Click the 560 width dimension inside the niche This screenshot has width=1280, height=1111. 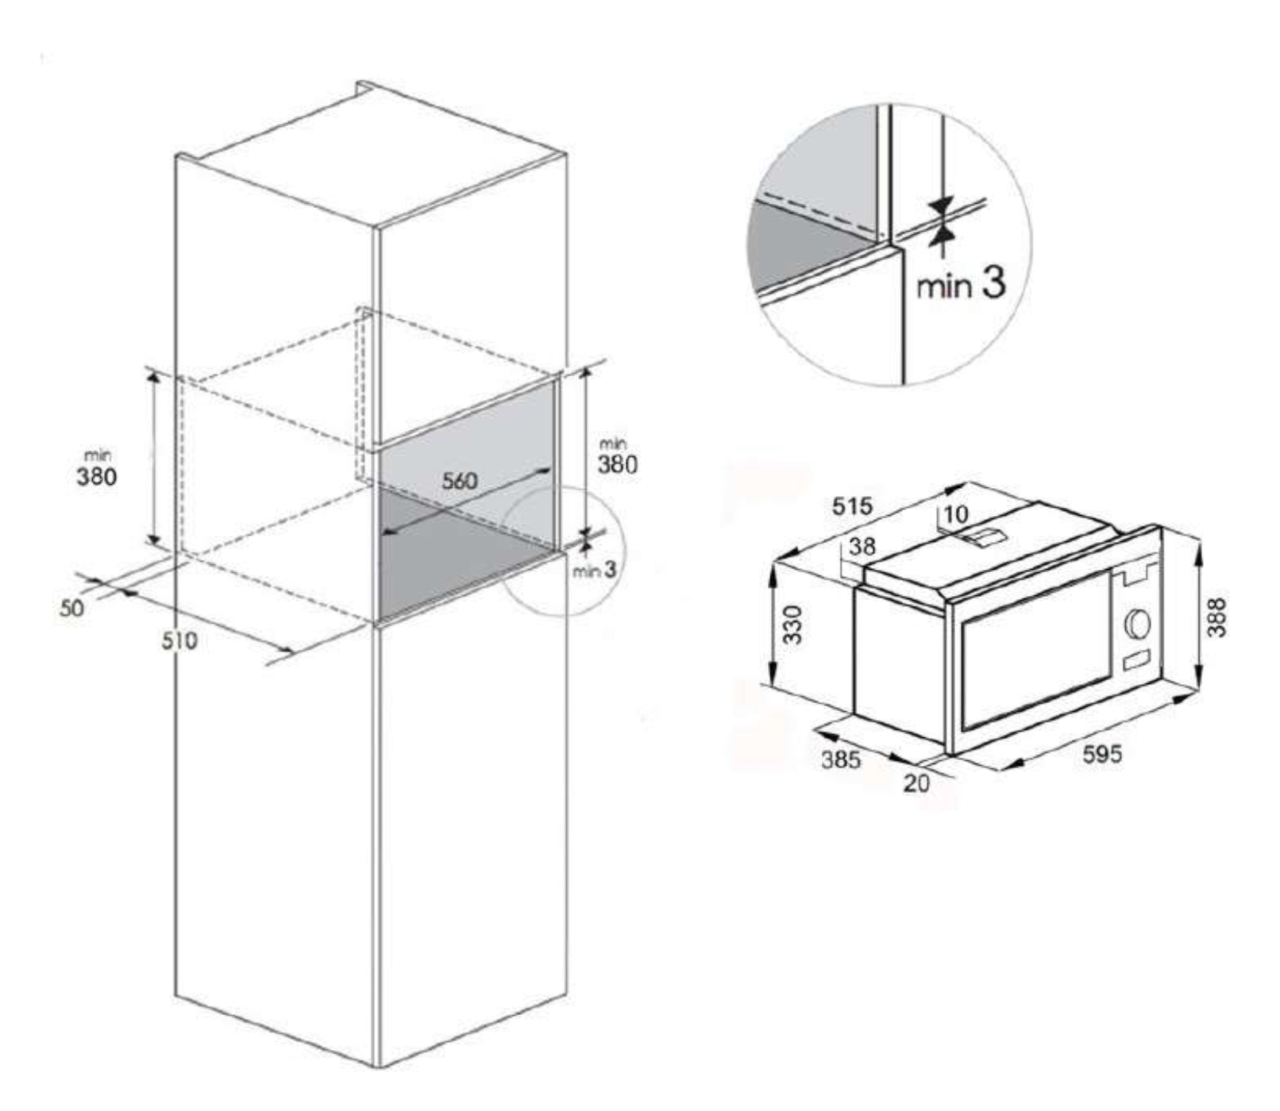tap(460, 480)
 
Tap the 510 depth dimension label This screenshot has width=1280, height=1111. tap(179, 640)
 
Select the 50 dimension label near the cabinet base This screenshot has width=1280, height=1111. tap(71, 609)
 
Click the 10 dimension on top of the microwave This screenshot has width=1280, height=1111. tap(956, 514)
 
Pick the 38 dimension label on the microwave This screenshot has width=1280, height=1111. tap(863, 547)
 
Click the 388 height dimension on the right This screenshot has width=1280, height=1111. tap(1216, 617)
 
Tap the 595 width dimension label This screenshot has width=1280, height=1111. tap(1104, 754)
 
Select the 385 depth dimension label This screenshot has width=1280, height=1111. tap(841, 759)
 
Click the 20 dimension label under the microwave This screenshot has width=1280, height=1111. tap(916, 783)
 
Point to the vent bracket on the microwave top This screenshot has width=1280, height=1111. tap(982, 537)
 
